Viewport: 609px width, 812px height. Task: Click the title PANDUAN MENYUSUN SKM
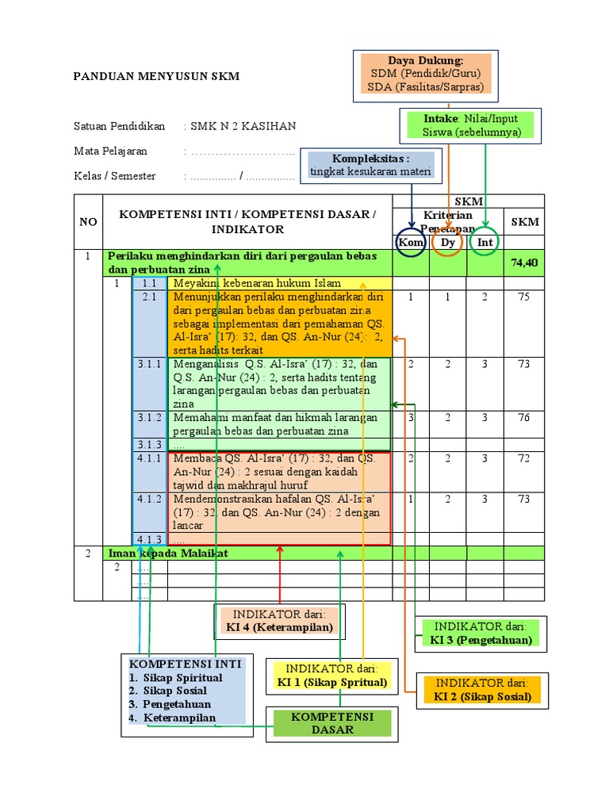pos(156,77)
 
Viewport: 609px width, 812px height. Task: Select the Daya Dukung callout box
pos(426,75)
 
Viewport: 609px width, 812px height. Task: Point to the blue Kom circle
pos(411,242)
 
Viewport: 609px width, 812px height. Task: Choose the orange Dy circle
pos(448,242)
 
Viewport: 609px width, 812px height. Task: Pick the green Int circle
pos(485,242)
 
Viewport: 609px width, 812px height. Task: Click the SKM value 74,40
pos(525,262)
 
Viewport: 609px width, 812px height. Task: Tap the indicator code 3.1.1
pos(149,364)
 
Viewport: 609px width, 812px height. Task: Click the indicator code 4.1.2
pos(149,499)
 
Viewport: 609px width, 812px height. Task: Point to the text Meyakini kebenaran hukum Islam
pos(257,283)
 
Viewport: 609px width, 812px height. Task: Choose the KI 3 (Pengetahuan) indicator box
pos(481,633)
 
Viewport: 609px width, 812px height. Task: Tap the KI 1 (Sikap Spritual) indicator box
pos(331,675)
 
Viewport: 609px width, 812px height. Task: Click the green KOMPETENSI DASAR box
pos(332,722)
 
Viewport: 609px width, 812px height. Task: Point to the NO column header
pos(88,222)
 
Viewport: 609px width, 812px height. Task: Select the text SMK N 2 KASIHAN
pos(243,126)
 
